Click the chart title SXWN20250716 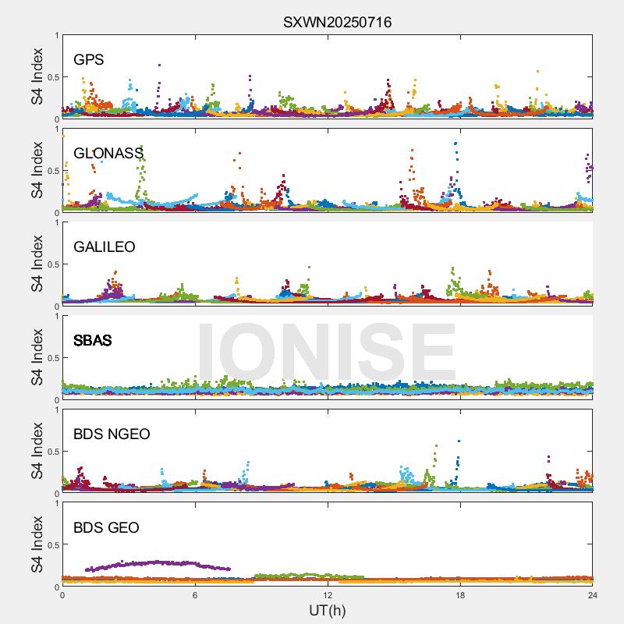tap(337, 22)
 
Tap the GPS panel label tap(89, 60)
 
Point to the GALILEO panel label tap(105, 247)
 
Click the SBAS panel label tap(92, 341)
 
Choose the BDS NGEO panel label tap(112, 434)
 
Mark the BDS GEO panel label tap(106, 528)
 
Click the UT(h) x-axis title tap(327, 610)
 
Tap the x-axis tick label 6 tap(195, 595)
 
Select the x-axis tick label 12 tap(328, 595)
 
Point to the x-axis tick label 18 tap(460, 595)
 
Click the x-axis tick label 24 tap(593, 595)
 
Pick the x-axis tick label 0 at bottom tap(62, 595)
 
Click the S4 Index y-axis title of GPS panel tap(37, 76)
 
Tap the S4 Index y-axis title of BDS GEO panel tap(37, 544)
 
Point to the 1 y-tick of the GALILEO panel tap(56, 222)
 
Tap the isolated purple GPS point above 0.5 tap(159, 66)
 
